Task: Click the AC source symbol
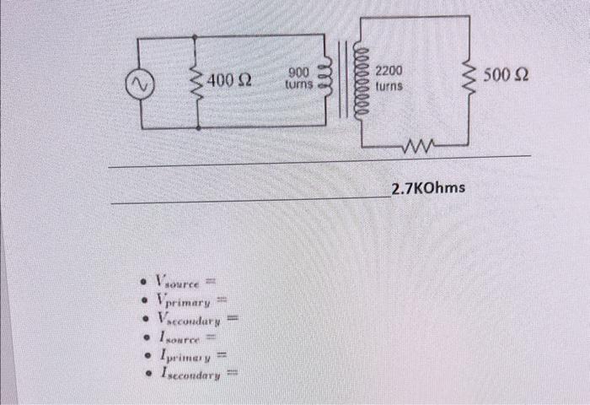pyautogui.click(x=139, y=83)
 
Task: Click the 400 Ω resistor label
pyautogui.click(x=230, y=81)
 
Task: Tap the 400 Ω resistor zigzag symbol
pyautogui.click(x=197, y=83)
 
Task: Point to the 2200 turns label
pyautogui.click(x=389, y=78)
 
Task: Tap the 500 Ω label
pyautogui.click(x=508, y=77)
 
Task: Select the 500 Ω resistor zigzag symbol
pyautogui.click(x=469, y=79)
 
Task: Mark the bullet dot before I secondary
pyautogui.click(x=147, y=375)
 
